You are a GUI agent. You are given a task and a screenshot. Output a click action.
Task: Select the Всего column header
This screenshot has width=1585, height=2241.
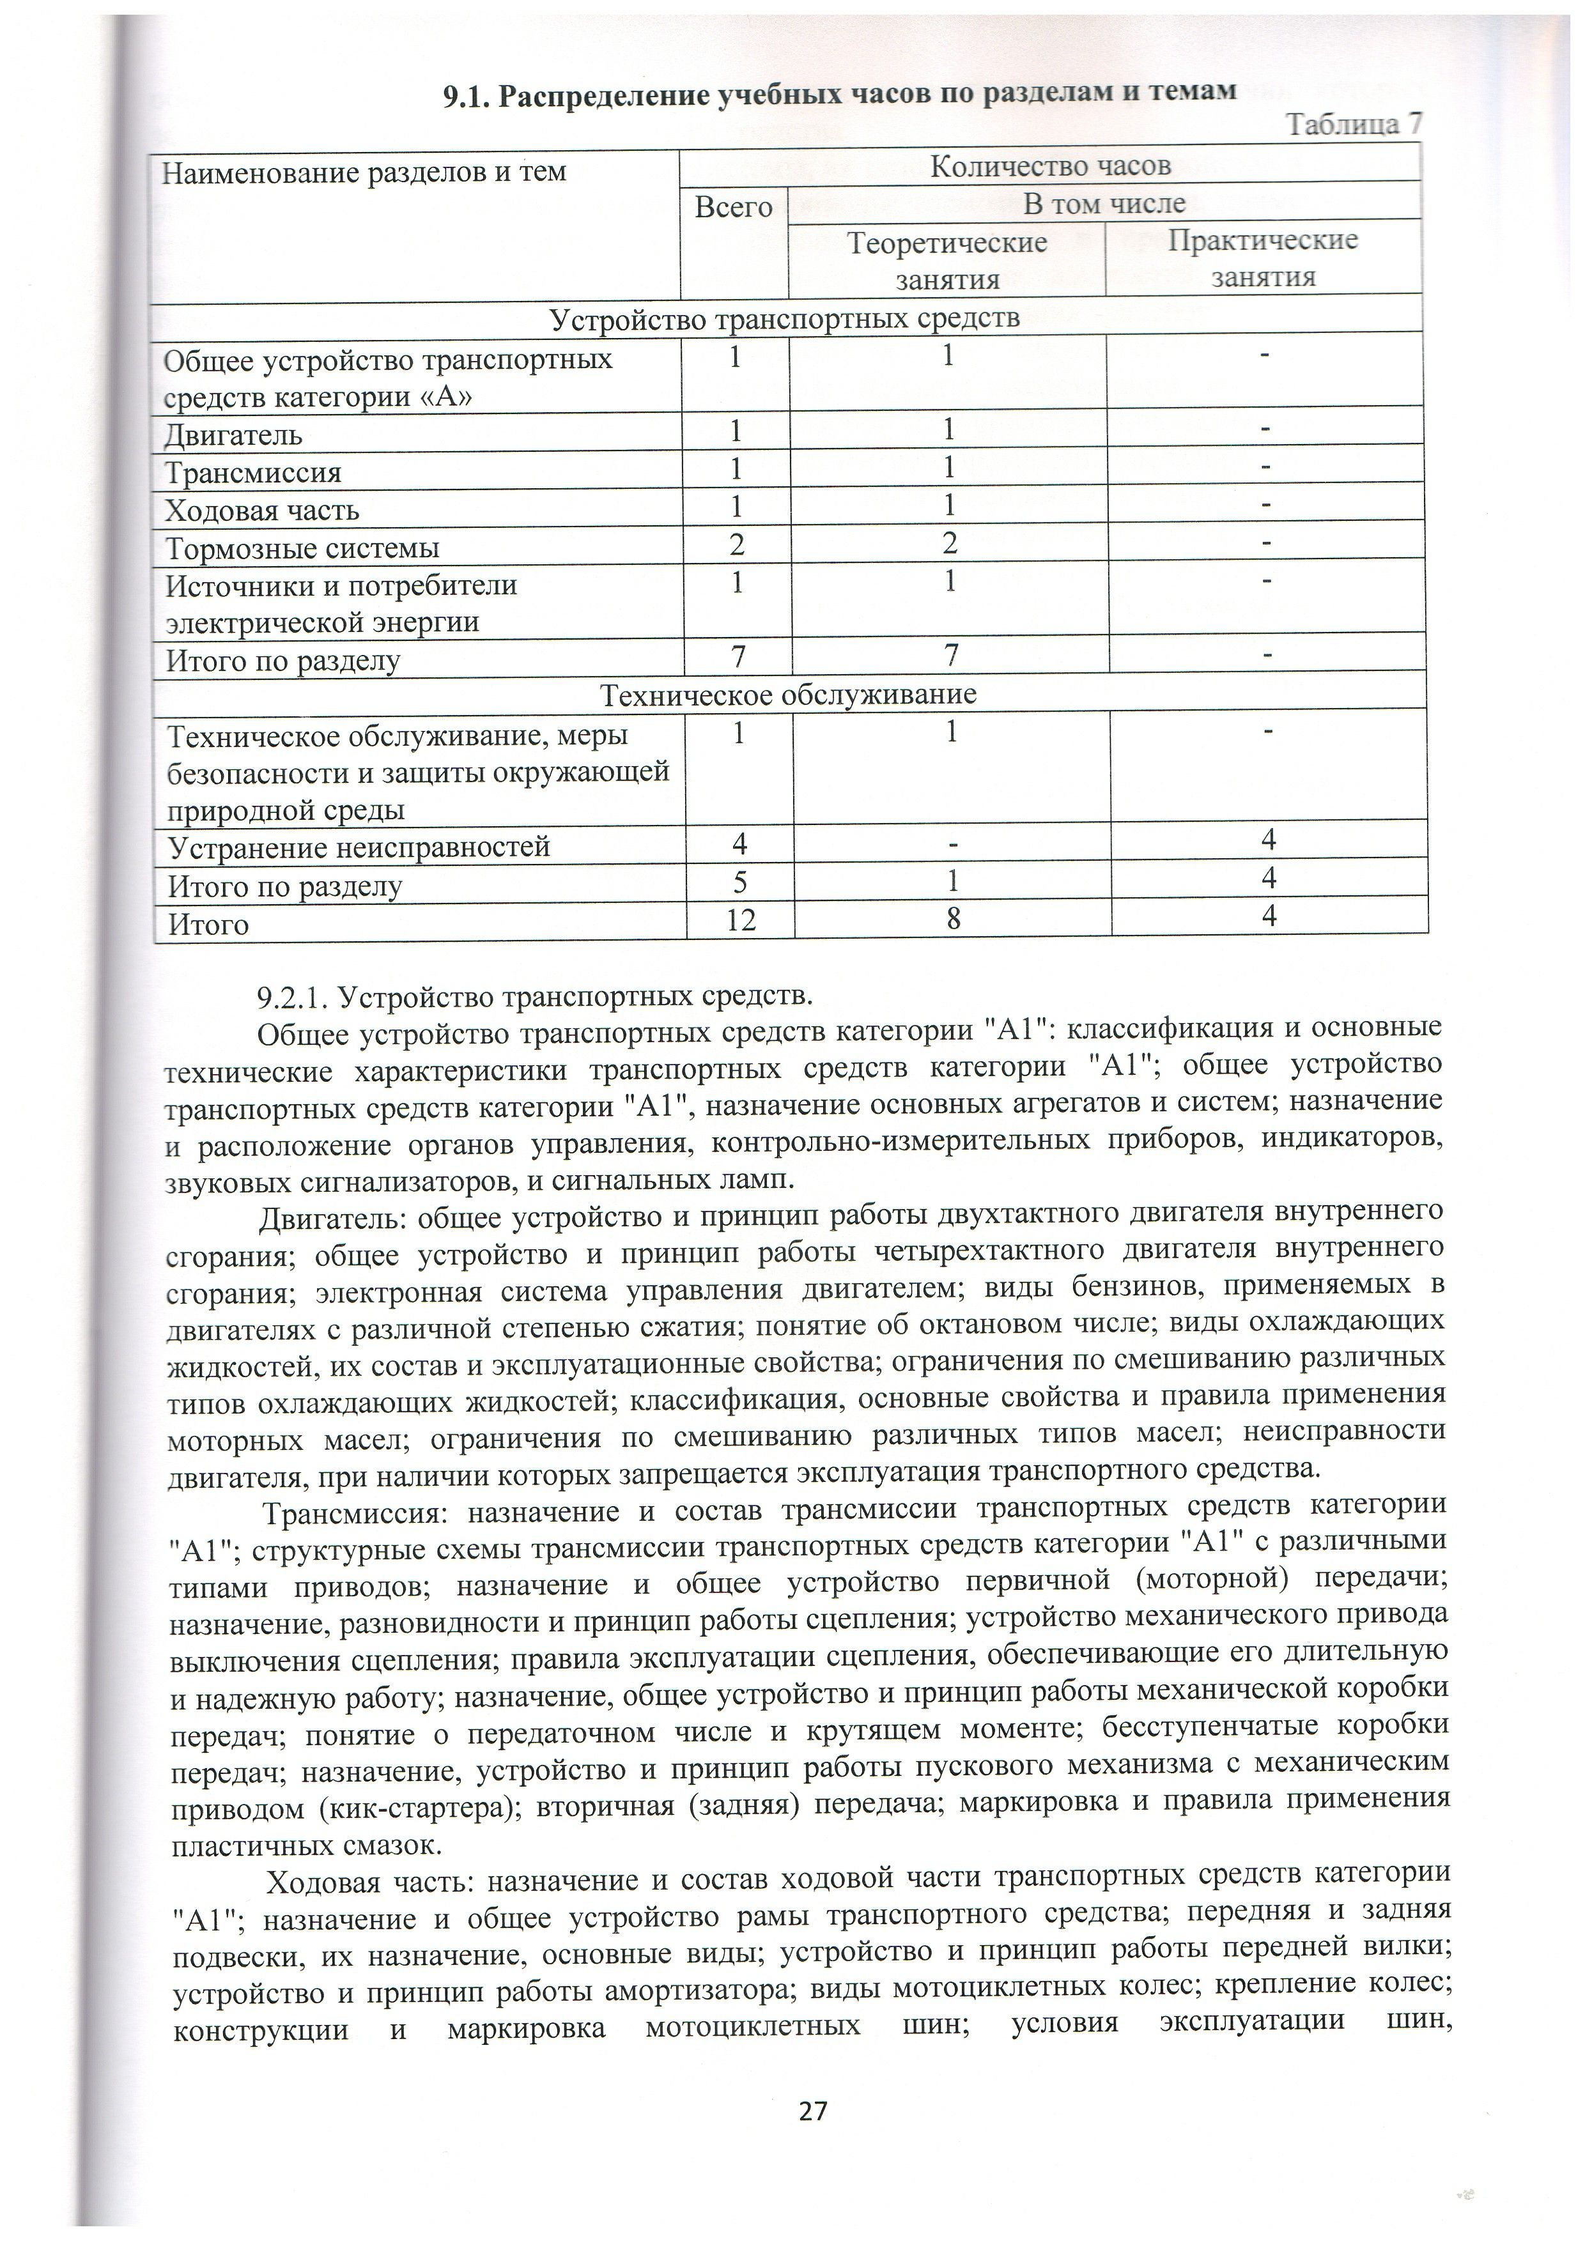[733, 207]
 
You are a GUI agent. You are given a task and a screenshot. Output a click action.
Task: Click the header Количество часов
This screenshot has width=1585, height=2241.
[1049, 166]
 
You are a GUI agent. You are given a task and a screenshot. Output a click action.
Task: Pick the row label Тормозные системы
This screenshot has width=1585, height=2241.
[302, 548]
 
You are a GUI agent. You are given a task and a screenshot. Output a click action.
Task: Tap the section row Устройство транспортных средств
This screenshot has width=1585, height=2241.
[785, 319]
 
